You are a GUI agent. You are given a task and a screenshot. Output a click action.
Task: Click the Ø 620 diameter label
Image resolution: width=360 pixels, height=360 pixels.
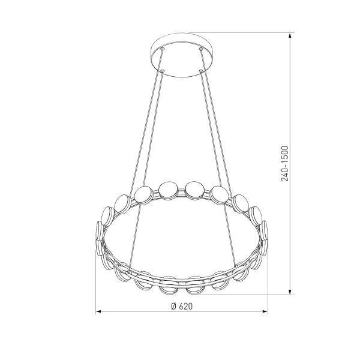pos(182,306)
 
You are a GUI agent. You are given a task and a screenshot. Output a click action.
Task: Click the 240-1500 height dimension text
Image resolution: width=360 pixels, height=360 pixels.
pos(284,163)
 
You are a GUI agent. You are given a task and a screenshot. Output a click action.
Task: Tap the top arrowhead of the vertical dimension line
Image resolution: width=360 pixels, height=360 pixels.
pos(290,35)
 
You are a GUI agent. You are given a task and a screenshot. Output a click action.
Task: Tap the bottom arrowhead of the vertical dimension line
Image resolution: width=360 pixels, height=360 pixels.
pos(290,292)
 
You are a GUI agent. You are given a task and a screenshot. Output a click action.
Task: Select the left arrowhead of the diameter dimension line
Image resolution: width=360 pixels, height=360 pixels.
pos(99,311)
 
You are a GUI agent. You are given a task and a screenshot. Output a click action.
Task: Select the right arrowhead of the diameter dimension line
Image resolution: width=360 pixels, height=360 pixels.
pos(265,311)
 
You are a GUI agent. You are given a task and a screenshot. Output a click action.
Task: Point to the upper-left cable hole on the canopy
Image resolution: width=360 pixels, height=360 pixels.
pos(163,49)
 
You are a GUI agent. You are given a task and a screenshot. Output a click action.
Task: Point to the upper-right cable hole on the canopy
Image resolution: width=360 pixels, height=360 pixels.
pos(201,49)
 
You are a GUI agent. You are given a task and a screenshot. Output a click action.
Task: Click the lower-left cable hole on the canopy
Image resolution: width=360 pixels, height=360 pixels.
pos(163,71)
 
